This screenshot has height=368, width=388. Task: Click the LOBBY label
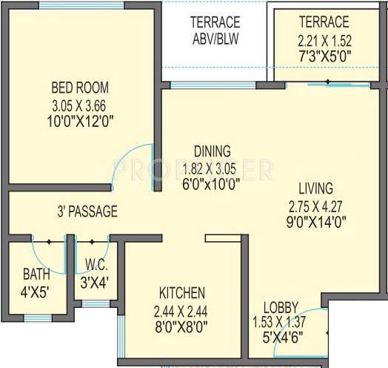(x=281, y=307)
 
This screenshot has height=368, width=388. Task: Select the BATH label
(x=36, y=275)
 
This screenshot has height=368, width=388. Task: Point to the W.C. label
(x=93, y=266)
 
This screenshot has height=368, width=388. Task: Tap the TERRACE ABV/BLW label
(x=215, y=30)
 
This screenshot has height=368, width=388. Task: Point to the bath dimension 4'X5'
(x=36, y=291)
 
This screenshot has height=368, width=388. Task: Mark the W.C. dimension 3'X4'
(x=93, y=283)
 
